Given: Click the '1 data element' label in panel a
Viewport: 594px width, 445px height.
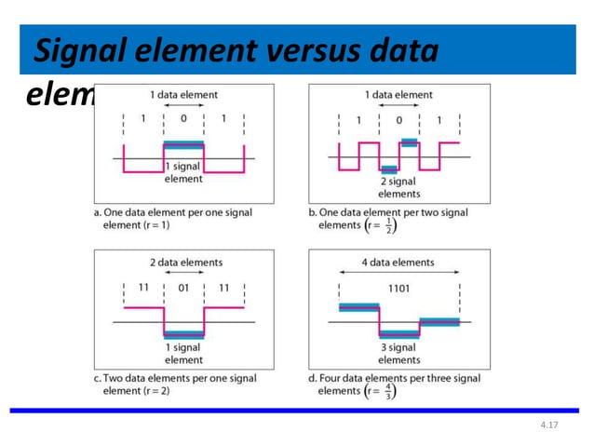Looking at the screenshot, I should [184, 95].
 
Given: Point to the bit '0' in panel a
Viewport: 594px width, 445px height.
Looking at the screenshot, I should [184, 119].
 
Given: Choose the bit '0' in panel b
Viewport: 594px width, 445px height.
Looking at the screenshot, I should [399, 120].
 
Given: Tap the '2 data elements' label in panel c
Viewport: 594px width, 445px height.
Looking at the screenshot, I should [184, 263].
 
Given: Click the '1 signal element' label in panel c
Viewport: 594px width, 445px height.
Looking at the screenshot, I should [183, 354].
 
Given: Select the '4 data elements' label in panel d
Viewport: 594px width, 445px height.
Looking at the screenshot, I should [399, 263].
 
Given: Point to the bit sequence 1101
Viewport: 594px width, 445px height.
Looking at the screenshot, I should [399, 289].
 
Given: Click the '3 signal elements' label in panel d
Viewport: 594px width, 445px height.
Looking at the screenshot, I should [399, 354].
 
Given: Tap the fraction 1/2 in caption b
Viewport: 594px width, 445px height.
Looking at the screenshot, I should [390, 224].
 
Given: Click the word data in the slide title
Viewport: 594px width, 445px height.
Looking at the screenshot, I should [401, 53].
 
